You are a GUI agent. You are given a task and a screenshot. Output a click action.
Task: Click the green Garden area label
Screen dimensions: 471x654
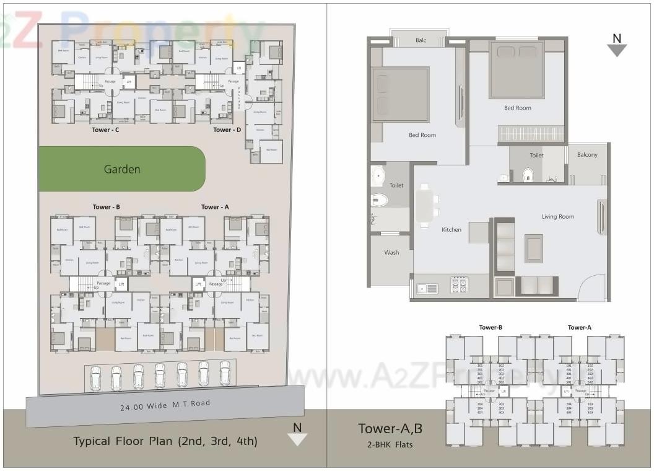point(122,169)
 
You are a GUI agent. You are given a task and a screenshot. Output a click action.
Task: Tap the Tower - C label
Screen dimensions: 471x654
point(105,130)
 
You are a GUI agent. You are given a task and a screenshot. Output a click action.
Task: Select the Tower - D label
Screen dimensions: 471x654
point(227,130)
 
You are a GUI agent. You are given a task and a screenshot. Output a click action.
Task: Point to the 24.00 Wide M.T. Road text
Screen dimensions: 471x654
point(165,405)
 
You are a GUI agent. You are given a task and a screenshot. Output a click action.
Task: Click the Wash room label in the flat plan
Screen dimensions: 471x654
point(391,252)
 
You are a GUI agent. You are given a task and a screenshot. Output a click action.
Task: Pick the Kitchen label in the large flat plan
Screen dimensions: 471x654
point(451,230)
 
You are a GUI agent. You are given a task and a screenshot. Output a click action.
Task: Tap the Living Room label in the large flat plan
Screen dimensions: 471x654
point(557,217)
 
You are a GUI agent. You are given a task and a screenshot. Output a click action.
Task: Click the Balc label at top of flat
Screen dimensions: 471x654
point(421,41)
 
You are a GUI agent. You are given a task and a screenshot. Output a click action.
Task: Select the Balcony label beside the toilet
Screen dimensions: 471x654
point(587,155)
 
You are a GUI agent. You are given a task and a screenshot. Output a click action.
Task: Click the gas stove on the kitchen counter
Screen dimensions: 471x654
point(459,285)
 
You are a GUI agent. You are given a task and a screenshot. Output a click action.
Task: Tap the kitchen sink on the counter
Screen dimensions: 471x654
point(428,288)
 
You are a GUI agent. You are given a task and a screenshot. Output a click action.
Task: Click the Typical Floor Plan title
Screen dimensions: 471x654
point(165,441)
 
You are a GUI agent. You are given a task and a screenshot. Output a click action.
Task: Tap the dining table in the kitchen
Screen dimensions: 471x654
point(425,205)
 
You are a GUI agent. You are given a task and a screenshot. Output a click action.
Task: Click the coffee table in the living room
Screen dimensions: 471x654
point(533,248)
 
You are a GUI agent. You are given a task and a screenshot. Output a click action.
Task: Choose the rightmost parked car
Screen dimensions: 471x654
point(225,373)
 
